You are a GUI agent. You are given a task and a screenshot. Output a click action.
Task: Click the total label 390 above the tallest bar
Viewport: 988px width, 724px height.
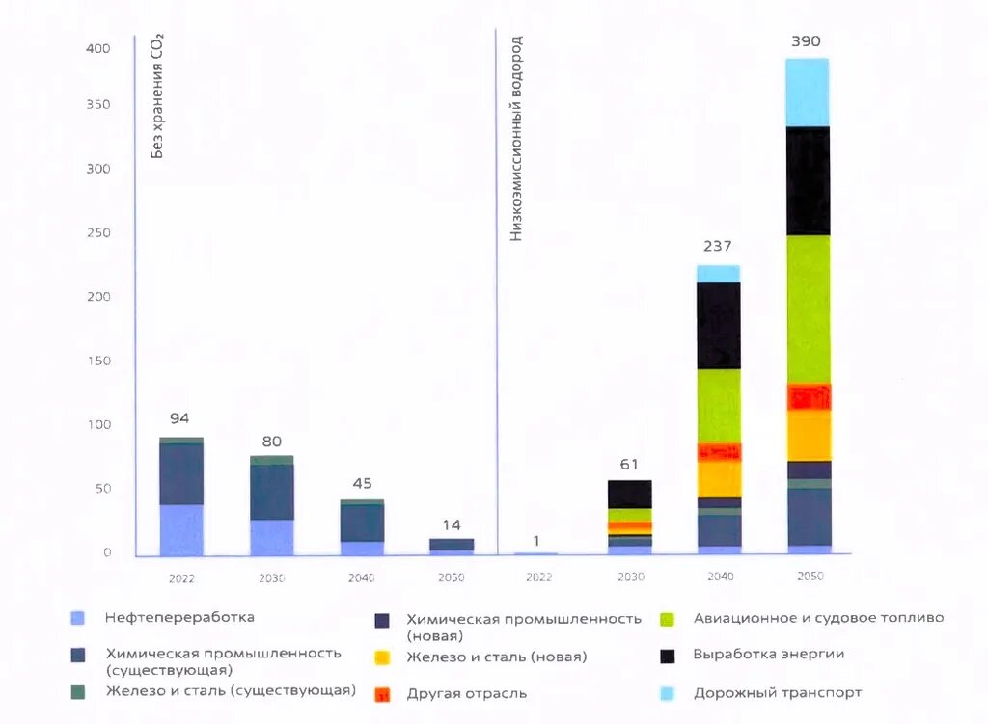806,41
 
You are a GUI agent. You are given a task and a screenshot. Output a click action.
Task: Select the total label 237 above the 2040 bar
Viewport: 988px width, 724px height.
717,246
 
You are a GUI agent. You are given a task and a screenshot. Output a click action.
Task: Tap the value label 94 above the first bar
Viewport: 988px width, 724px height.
179,418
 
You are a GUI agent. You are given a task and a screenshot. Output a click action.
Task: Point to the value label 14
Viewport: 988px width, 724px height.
451,525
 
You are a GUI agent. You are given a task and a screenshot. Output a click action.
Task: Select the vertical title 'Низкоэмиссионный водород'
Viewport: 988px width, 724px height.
516,140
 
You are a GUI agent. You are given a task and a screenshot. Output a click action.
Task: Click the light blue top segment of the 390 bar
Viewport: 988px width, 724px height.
807,93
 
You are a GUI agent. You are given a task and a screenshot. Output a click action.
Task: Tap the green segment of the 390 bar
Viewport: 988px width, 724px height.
807,308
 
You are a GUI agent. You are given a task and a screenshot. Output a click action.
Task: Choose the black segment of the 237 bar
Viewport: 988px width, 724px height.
718,325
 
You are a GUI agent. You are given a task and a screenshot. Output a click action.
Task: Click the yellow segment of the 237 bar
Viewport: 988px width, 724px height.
718,478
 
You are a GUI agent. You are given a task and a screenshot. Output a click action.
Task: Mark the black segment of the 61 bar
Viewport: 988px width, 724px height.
629,494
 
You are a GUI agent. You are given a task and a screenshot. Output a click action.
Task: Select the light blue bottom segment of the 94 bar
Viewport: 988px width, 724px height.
181,530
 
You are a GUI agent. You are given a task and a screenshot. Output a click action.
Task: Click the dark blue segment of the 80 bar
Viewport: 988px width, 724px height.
271,493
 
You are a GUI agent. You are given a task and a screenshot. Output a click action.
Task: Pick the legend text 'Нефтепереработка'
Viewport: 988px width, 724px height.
179,617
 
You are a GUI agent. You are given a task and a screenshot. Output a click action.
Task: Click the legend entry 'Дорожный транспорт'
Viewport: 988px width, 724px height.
777,692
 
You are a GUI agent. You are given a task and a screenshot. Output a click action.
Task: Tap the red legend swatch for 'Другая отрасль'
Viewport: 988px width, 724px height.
382,694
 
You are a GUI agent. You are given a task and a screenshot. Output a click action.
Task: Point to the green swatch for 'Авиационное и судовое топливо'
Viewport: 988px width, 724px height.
670,618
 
